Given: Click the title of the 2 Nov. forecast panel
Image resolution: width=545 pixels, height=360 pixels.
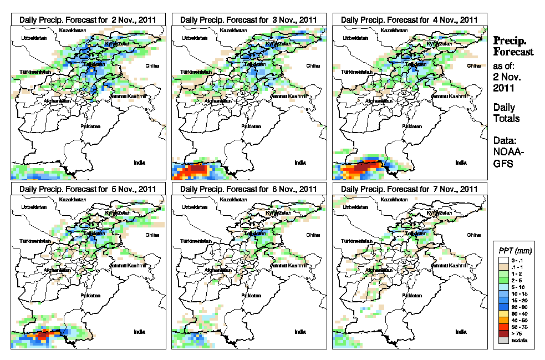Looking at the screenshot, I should pyautogui.click(x=88, y=19).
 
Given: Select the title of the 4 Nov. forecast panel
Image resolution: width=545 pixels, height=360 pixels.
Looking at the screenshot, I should pyautogui.click(x=410, y=19).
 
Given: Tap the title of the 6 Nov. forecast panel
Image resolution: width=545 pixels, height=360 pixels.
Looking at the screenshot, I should pyautogui.click(x=249, y=189).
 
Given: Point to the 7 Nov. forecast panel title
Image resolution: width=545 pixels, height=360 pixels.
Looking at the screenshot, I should pyautogui.click(x=410, y=189).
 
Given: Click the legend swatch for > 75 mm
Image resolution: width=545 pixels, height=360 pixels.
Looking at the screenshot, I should pyautogui.click(x=502, y=333).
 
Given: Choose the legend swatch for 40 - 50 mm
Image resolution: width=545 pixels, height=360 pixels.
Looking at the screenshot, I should pyautogui.click(x=502, y=320).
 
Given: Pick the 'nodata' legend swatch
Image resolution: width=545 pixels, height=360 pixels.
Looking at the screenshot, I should pyautogui.click(x=502, y=340).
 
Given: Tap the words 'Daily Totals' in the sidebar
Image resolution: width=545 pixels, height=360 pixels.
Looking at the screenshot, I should pyautogui.click(x=506, y=113).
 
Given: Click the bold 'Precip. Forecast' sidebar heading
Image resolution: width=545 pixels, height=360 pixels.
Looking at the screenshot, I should pyautogui.click(x=513, y=46).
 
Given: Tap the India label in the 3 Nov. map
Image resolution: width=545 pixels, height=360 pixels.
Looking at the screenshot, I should pyautogui.click(x=300, y=163).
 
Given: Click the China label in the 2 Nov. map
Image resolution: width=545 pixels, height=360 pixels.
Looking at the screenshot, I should pyautogui.click(x=151, y=65).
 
